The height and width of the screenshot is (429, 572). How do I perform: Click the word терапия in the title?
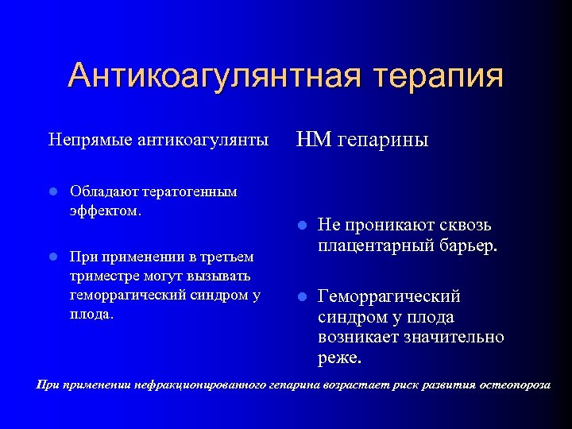tap(434, 76)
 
